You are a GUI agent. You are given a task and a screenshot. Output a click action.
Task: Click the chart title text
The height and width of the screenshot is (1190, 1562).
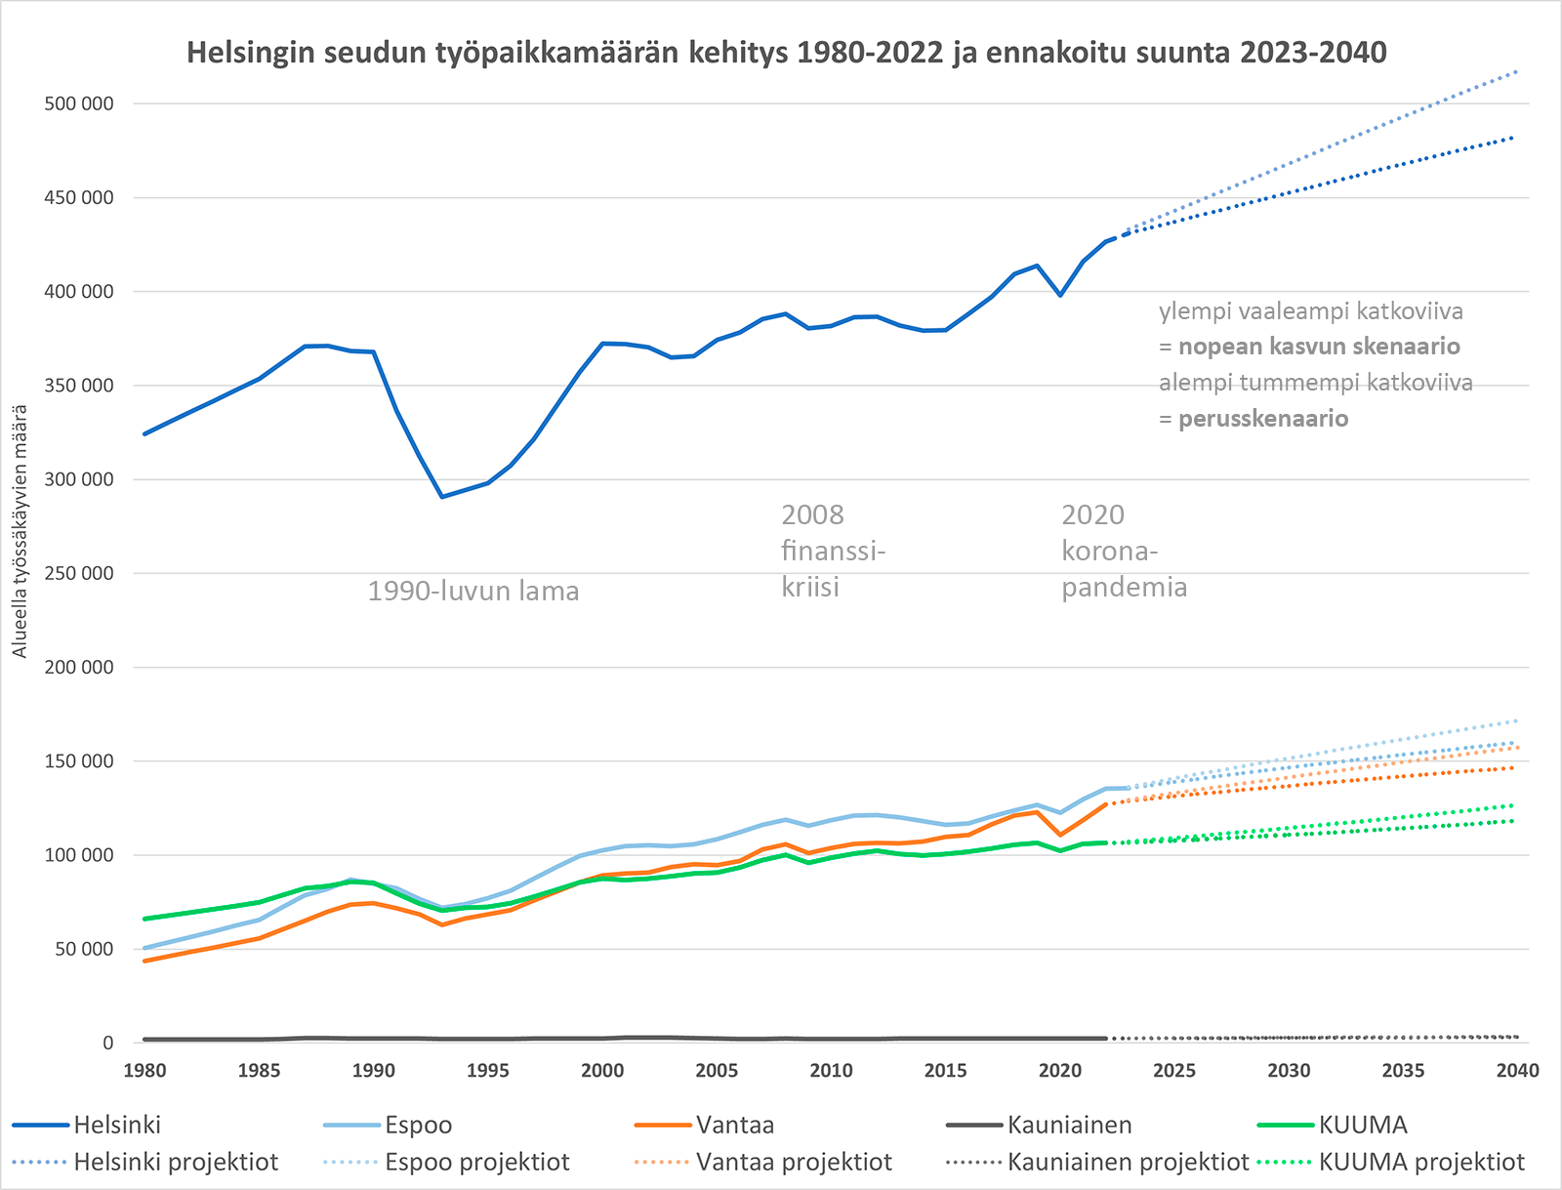786,52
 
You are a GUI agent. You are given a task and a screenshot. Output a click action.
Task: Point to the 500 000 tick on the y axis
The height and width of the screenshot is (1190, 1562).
78,103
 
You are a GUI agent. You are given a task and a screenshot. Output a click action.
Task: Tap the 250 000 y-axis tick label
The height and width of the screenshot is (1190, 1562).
78,573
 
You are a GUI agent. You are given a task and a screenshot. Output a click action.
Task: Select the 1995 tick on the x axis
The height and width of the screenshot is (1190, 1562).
487,1070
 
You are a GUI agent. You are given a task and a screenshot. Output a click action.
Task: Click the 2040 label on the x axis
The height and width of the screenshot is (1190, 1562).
1517,1070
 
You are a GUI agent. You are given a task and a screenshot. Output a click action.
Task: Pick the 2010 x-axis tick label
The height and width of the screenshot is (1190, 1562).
831,1070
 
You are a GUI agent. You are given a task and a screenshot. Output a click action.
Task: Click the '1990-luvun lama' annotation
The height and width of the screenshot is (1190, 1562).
473,591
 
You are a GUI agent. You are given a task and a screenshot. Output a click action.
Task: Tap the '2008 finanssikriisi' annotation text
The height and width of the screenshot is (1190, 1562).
832,551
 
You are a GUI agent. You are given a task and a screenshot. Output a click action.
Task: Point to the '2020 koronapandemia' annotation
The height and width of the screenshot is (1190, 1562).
1123,551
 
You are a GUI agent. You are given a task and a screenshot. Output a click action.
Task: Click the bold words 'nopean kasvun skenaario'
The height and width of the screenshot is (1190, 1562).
1318,347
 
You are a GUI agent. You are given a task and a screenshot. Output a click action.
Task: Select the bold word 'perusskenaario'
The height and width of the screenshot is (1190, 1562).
1263,419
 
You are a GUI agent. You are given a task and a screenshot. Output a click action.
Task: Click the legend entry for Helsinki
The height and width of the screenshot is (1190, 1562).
117,1125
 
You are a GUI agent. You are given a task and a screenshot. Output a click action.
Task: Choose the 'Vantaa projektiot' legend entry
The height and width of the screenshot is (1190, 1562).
793,1162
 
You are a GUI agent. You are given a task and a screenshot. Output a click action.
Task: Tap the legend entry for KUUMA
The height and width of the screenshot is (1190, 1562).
1362,1125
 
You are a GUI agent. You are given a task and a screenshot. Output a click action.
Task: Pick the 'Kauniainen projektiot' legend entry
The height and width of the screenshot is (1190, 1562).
1128,1162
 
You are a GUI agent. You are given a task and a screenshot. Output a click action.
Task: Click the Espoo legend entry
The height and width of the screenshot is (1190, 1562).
418,1125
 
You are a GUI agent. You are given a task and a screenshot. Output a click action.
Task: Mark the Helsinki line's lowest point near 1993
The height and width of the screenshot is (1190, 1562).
442,497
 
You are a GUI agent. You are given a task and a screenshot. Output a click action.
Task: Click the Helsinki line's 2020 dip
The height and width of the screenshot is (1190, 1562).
1060,295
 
